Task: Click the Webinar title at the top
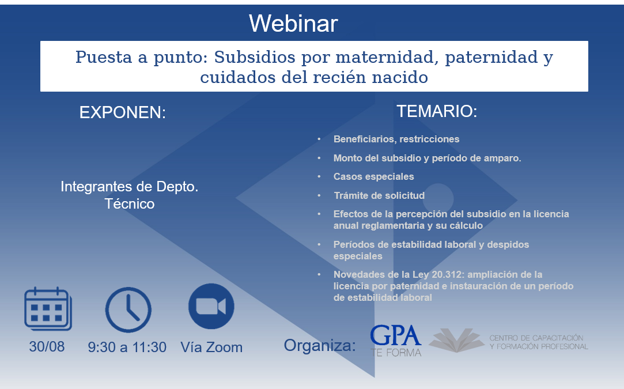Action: coord(293,24)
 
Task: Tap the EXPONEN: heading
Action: coord(123,112)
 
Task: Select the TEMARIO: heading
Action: coord(437,111)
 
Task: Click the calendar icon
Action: coord(48,308)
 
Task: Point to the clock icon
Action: coord(128,310)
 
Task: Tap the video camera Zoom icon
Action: coord(211,307)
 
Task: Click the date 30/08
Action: coord(47,347)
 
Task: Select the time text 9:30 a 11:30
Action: coord(127,347)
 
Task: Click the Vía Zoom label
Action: coord(211,347)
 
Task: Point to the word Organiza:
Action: coord(320,345)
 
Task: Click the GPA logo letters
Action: coord(396,335)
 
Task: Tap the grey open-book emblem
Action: coord(456,340)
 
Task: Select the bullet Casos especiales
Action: coord(374,176)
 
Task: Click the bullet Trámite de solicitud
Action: coord(379,195)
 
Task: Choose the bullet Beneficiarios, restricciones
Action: coord(396,139)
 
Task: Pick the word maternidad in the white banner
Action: coord(387,57)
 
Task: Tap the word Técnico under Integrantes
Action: coord(130,204)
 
